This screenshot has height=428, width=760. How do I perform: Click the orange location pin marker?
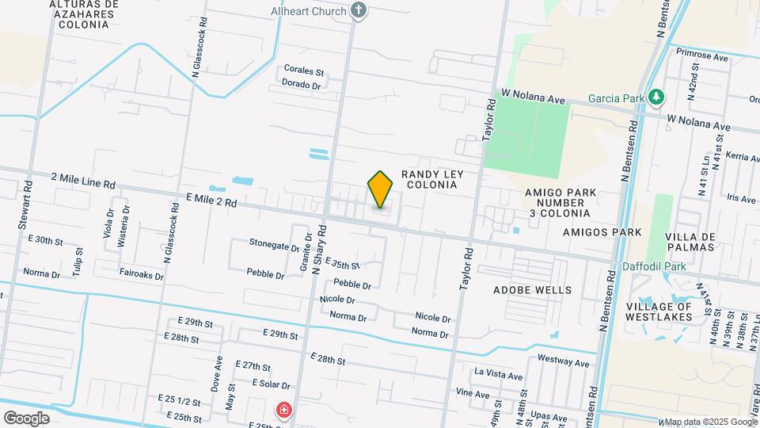pos(380,189)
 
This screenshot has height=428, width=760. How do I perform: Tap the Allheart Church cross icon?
pos(359,10)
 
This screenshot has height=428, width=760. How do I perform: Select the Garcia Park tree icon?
pos(655,97)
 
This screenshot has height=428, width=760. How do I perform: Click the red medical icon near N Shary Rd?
pos(283,410)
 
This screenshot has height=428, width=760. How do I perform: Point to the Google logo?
pos(26,418)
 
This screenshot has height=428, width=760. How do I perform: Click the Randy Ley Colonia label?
pos(431,179)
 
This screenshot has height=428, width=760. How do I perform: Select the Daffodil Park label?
pos(653,267)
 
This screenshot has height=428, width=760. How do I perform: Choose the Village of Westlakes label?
pos(659,311)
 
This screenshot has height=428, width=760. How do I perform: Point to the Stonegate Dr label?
pos(274,245)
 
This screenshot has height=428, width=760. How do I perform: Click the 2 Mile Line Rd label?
pos(83,181)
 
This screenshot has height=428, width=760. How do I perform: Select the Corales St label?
pos(305,71)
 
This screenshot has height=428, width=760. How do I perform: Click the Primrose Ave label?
pos(702,57)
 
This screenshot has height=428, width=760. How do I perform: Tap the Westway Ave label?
pos(563,362)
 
